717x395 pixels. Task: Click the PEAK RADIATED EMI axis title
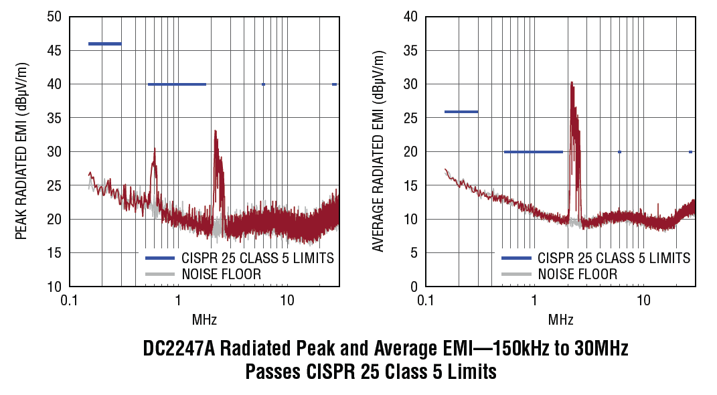click(21, 151)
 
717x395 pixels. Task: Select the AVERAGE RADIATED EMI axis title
click(378, 151)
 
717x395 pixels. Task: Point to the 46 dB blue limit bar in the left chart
click(105, 44)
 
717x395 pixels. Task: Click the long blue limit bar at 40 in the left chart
click(177, 84)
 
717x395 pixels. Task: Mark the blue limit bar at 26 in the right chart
click(461, 112)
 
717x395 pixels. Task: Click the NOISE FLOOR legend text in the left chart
click(221, 274)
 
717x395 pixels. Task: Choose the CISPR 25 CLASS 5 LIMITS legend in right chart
click(614, 258)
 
